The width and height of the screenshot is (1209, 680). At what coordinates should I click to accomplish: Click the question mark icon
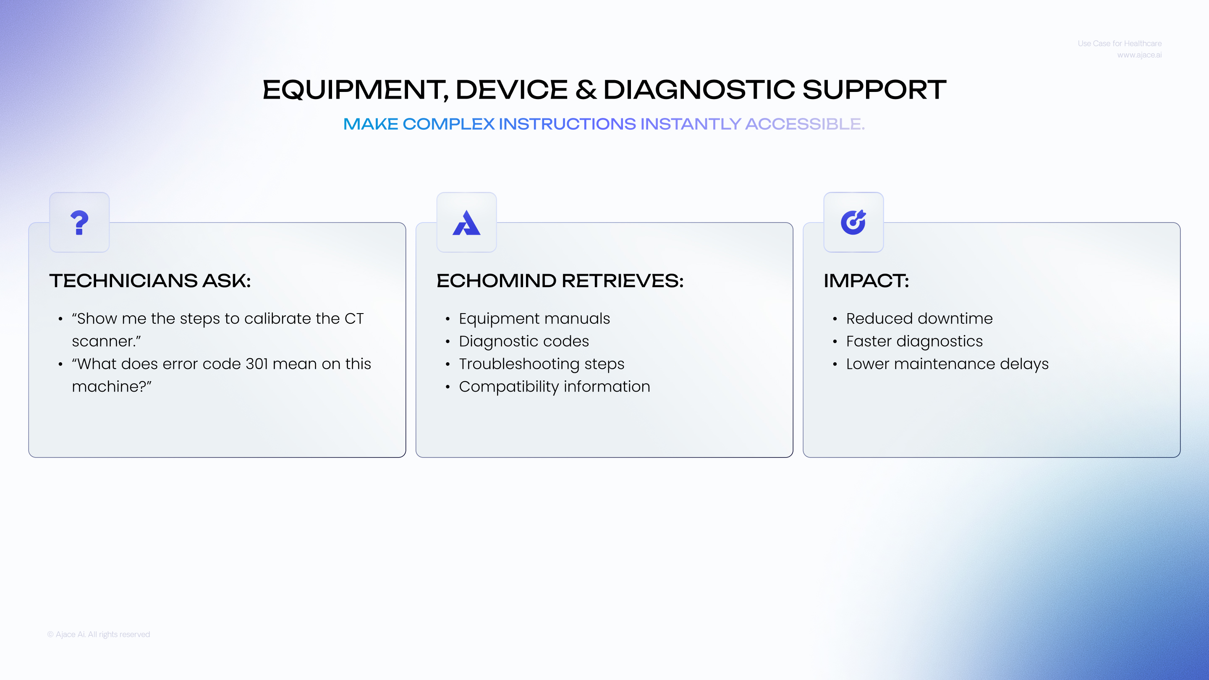pyautogui.click(x=79, y=222)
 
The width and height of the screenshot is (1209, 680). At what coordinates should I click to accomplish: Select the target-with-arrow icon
pyautogui.click(x=853, y=222)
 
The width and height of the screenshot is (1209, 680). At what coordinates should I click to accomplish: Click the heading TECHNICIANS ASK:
pyautogui.click(x=150, y=281)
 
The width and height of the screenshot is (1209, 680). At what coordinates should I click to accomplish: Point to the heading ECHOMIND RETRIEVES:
pyautogui.click(x=560, y=281)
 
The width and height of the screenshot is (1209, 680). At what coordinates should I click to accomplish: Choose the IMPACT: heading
pyautogui.click(x=866, y=281)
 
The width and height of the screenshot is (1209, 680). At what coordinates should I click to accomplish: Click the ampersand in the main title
pyautogui.click(x=586, y=90)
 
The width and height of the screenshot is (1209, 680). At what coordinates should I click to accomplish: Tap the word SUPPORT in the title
pyautogui.click(x=874, y=90)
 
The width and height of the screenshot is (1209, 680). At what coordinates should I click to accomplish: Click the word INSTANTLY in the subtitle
pyautogui.click(x=691, y=124)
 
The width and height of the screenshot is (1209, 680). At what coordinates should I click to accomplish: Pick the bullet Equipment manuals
pyautogui.click(x=534, y=319)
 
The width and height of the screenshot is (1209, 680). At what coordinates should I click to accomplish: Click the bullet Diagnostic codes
pyautogui.click(x=524, y=341)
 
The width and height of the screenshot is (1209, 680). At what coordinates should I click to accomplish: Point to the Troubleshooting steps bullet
pyautogui.click(x=542, y=364)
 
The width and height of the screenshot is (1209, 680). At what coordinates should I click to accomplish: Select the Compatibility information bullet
pyautogui.click(x=554, y=387)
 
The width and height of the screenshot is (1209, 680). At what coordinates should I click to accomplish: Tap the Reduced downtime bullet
pyautogui.click(x=919, y=319)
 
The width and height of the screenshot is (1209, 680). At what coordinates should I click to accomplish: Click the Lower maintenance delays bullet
pyautogui.click(x=947, y=364)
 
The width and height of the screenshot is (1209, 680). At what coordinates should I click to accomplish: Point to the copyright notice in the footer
pyautogui.click(x=99, y=635)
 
